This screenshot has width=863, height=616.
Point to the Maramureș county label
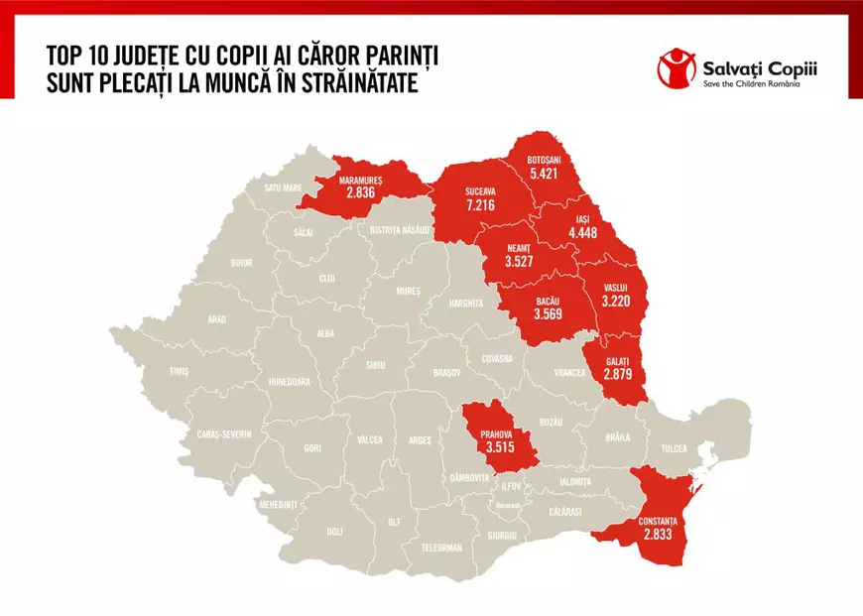[361, 181]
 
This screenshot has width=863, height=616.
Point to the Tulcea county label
[675, 448]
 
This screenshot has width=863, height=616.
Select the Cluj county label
[326, 279]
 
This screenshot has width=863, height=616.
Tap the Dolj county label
[334, 531]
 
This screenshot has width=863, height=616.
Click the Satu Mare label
[283, 186]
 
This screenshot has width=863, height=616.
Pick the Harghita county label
[465, 303]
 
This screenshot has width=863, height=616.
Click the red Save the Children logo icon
[678, 69]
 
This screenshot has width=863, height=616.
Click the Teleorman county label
[441, 547]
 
